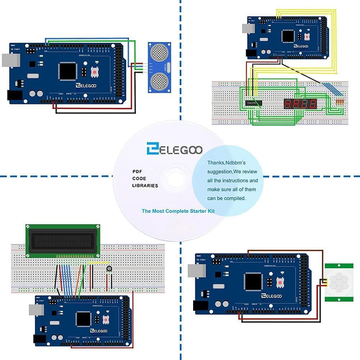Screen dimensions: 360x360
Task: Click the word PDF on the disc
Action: (137, 172)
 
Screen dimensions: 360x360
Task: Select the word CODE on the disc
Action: (139, 178)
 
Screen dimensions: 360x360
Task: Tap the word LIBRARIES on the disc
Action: (145, 186)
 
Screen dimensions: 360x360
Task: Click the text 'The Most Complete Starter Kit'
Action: (178, 211)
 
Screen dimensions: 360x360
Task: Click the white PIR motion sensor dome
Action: (338, 281)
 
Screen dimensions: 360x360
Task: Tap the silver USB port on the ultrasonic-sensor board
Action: (10, 60)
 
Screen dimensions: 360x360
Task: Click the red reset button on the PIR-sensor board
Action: (279, 283)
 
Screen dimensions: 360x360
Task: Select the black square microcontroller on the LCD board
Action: (83, 319)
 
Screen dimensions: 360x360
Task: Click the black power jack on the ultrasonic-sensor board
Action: (15, 95)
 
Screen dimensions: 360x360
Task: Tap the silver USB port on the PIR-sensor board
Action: (197, 271)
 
